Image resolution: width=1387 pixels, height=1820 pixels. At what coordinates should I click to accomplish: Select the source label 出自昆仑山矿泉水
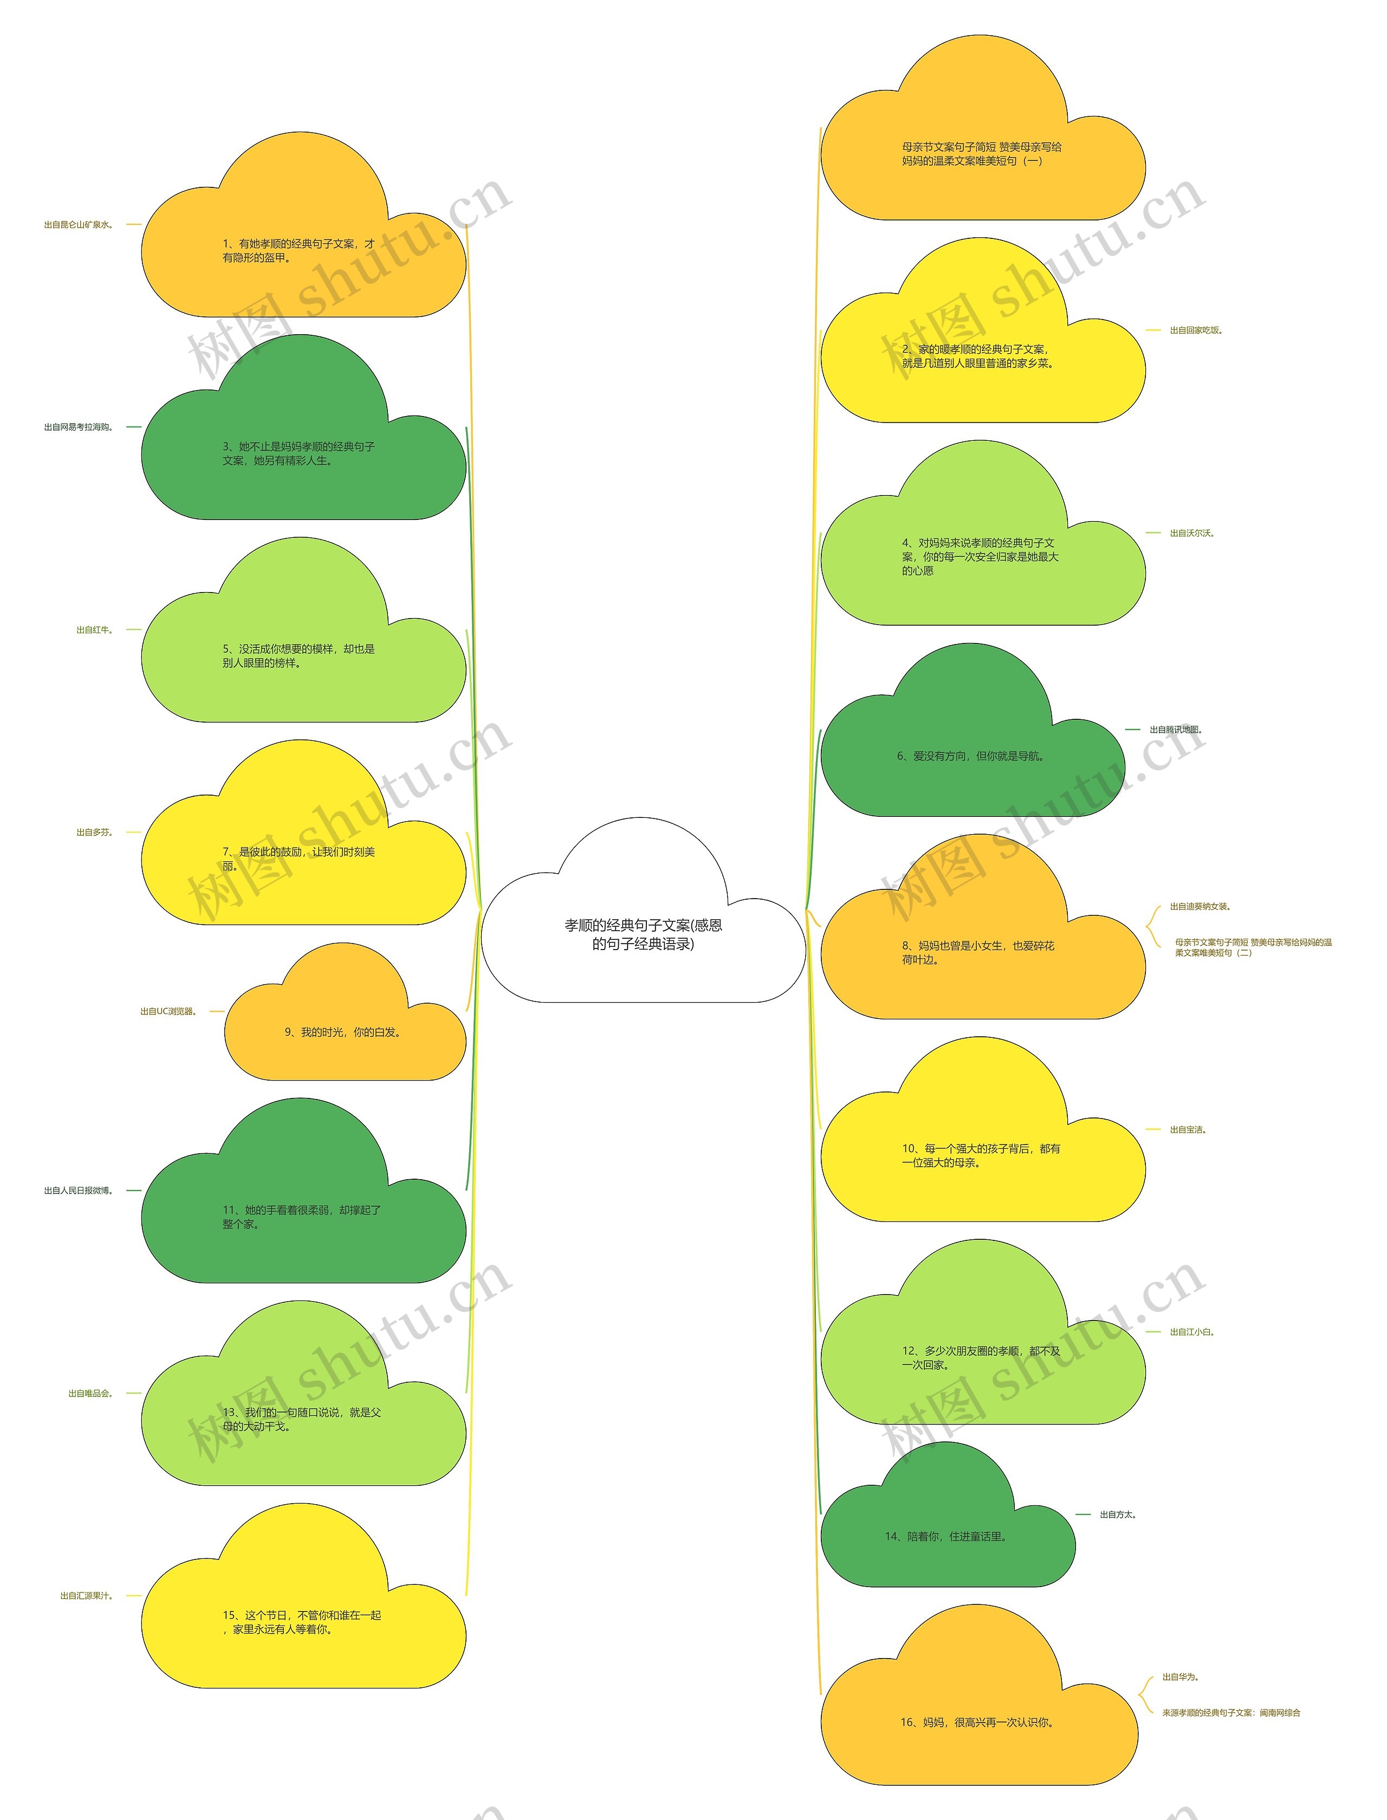pos(79,224)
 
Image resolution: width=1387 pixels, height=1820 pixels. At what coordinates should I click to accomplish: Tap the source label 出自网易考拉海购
pos(79,427)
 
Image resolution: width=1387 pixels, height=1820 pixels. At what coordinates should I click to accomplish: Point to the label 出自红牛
pos(94,630)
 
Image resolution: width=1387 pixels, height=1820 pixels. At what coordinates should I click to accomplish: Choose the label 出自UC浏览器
pos(168,1011)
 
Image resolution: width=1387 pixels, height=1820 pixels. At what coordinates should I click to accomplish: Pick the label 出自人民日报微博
pos(79,1190)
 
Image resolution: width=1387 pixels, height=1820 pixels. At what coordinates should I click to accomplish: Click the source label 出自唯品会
pos(90,1393)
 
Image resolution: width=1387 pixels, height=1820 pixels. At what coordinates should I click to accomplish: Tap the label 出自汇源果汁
pos(86,1596)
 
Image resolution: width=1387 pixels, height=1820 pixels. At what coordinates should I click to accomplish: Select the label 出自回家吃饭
pos(1195,330)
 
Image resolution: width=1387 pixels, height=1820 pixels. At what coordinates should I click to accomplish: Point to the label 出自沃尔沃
pos(1191,533)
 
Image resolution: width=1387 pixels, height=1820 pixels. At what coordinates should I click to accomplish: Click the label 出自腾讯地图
pos(1176,730)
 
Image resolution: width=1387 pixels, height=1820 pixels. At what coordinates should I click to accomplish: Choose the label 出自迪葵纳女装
pos(1200,906)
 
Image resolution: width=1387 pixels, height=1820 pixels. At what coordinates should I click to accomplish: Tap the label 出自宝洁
pos(1187,1129)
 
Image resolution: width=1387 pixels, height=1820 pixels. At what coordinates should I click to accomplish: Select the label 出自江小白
pos(1191,1331)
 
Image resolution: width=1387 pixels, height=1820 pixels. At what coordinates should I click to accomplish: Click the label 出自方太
pos(1118,1514)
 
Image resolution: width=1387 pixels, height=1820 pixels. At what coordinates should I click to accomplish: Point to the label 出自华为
pos(1180,1676)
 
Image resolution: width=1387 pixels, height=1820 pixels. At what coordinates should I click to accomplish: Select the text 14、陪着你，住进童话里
pos(946,1536)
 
